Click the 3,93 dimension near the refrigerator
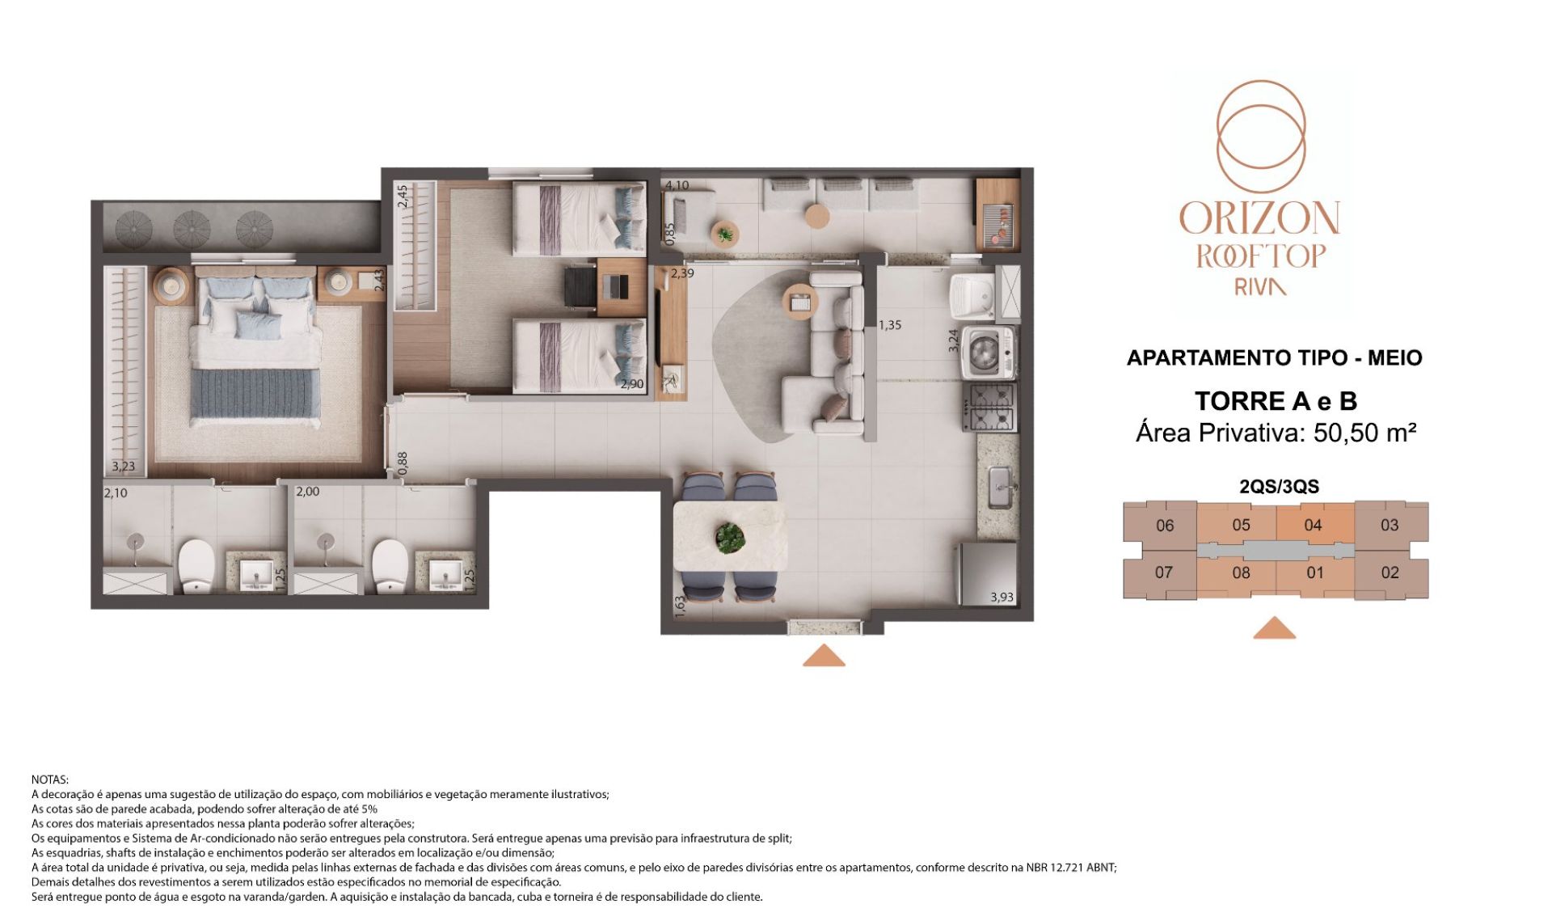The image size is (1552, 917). tap(1002, 598)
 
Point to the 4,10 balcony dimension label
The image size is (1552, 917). tap(677, 185)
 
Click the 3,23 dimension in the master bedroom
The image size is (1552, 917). tap(124, 467)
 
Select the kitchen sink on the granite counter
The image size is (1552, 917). tap(1000, 488)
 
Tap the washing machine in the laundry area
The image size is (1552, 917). tap(988, 353)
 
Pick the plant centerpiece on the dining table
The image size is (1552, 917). tap(731, 538)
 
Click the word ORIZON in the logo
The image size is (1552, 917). tap(1259, 218)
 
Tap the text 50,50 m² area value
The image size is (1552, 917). tap(1364, 433)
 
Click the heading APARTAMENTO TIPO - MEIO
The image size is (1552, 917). tap(1274, 357)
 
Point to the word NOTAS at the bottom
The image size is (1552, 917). tap(50, 780)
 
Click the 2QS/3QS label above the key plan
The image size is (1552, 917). tap(1279, 487)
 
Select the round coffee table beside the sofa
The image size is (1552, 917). tap(800, 302)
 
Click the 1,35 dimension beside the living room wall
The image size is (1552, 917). tap(890, 325)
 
